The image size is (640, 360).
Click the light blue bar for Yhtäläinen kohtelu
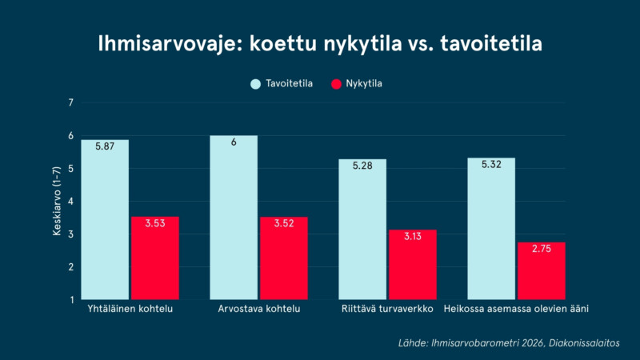pyautogui.click(x=105, y=219)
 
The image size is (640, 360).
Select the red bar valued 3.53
pyautogui.click(x=155, y=258)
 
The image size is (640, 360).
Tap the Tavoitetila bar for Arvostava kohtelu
pyautogui.click(x=234, y=218)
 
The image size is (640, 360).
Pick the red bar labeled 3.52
pyautogui.click(x=284, y=258)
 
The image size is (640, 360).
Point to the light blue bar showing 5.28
pyautogui.click(x=362, y=230)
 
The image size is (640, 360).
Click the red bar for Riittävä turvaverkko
pyautogui.click(x=413, y=265)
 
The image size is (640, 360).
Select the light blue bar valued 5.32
pyautogui.click(x=491, y=229)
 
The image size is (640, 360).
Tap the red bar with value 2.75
pyautogui.click(x=542, y=271)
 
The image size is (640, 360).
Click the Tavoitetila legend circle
pyautogui.click(x=255, y=84)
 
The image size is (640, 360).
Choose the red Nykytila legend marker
pyautogui.click(x=336, y=84)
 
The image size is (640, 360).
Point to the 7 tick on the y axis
pyautogui.click(x=71, y=103)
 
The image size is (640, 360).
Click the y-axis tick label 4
pyautogui.click(x=71, y=202)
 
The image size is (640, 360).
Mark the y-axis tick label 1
pyautogui.click(x=72, y=300)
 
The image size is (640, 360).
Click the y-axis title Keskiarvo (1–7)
pyautogui.click(x=57, y=201)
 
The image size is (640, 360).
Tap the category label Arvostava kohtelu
pyautogui.click(x=258, y=309)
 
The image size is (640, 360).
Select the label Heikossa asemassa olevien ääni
pyautogui.click(x=516, y=309)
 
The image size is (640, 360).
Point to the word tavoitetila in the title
pyautogui.click(x=491, y=43)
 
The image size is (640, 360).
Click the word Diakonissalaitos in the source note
pyautogui.click(x=584, y=343)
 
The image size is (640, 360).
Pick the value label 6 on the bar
pyautogui.click(x=234, y=142)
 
